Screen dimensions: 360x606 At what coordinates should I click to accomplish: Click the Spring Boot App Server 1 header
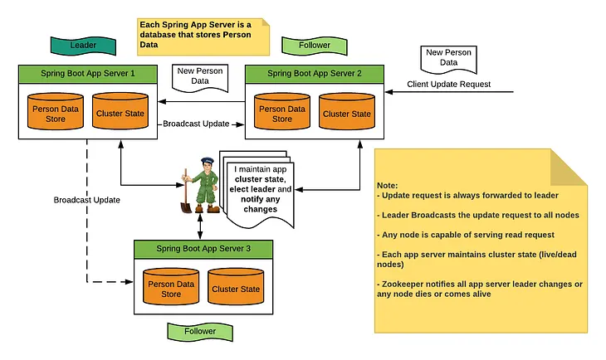pos(87,73)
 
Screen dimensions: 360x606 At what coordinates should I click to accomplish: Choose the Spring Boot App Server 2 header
pos(315,73)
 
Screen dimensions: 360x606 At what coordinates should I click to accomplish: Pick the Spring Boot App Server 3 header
pos(203,248)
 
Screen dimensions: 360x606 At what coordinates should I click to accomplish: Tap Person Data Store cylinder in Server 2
pos(283,114)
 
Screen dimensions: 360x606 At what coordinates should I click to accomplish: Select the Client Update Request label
pos(448,84)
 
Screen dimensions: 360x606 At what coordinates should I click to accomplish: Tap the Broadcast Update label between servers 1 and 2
pos(197,124)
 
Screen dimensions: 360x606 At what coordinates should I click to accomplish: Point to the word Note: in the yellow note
pos(387,185)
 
